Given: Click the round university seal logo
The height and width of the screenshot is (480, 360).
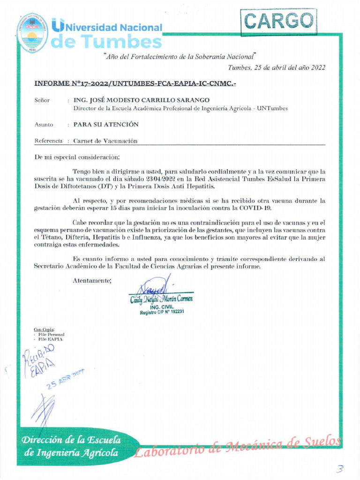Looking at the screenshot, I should click(x=32, y=33).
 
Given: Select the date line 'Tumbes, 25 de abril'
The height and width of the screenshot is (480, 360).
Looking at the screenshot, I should click(x=276, y=67).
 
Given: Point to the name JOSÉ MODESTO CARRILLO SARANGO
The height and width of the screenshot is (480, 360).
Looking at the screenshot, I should click(x=142, y=100).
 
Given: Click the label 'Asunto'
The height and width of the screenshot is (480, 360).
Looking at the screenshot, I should click(x=44, y=125).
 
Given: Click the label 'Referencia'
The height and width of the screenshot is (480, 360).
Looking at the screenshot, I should click(x=48, y=141).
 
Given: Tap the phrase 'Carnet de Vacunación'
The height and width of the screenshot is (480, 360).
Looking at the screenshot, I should click(x=105, y=141).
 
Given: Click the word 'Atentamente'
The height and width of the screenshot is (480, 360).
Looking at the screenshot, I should click(x=92, y=280).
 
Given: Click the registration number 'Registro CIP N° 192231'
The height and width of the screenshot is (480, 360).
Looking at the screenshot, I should click(x=162, y=312).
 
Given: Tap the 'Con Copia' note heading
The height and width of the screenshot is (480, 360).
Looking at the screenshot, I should click(x=44, y=330).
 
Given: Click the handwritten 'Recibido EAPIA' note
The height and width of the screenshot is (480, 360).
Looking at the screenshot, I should click(x=38, y=359).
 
